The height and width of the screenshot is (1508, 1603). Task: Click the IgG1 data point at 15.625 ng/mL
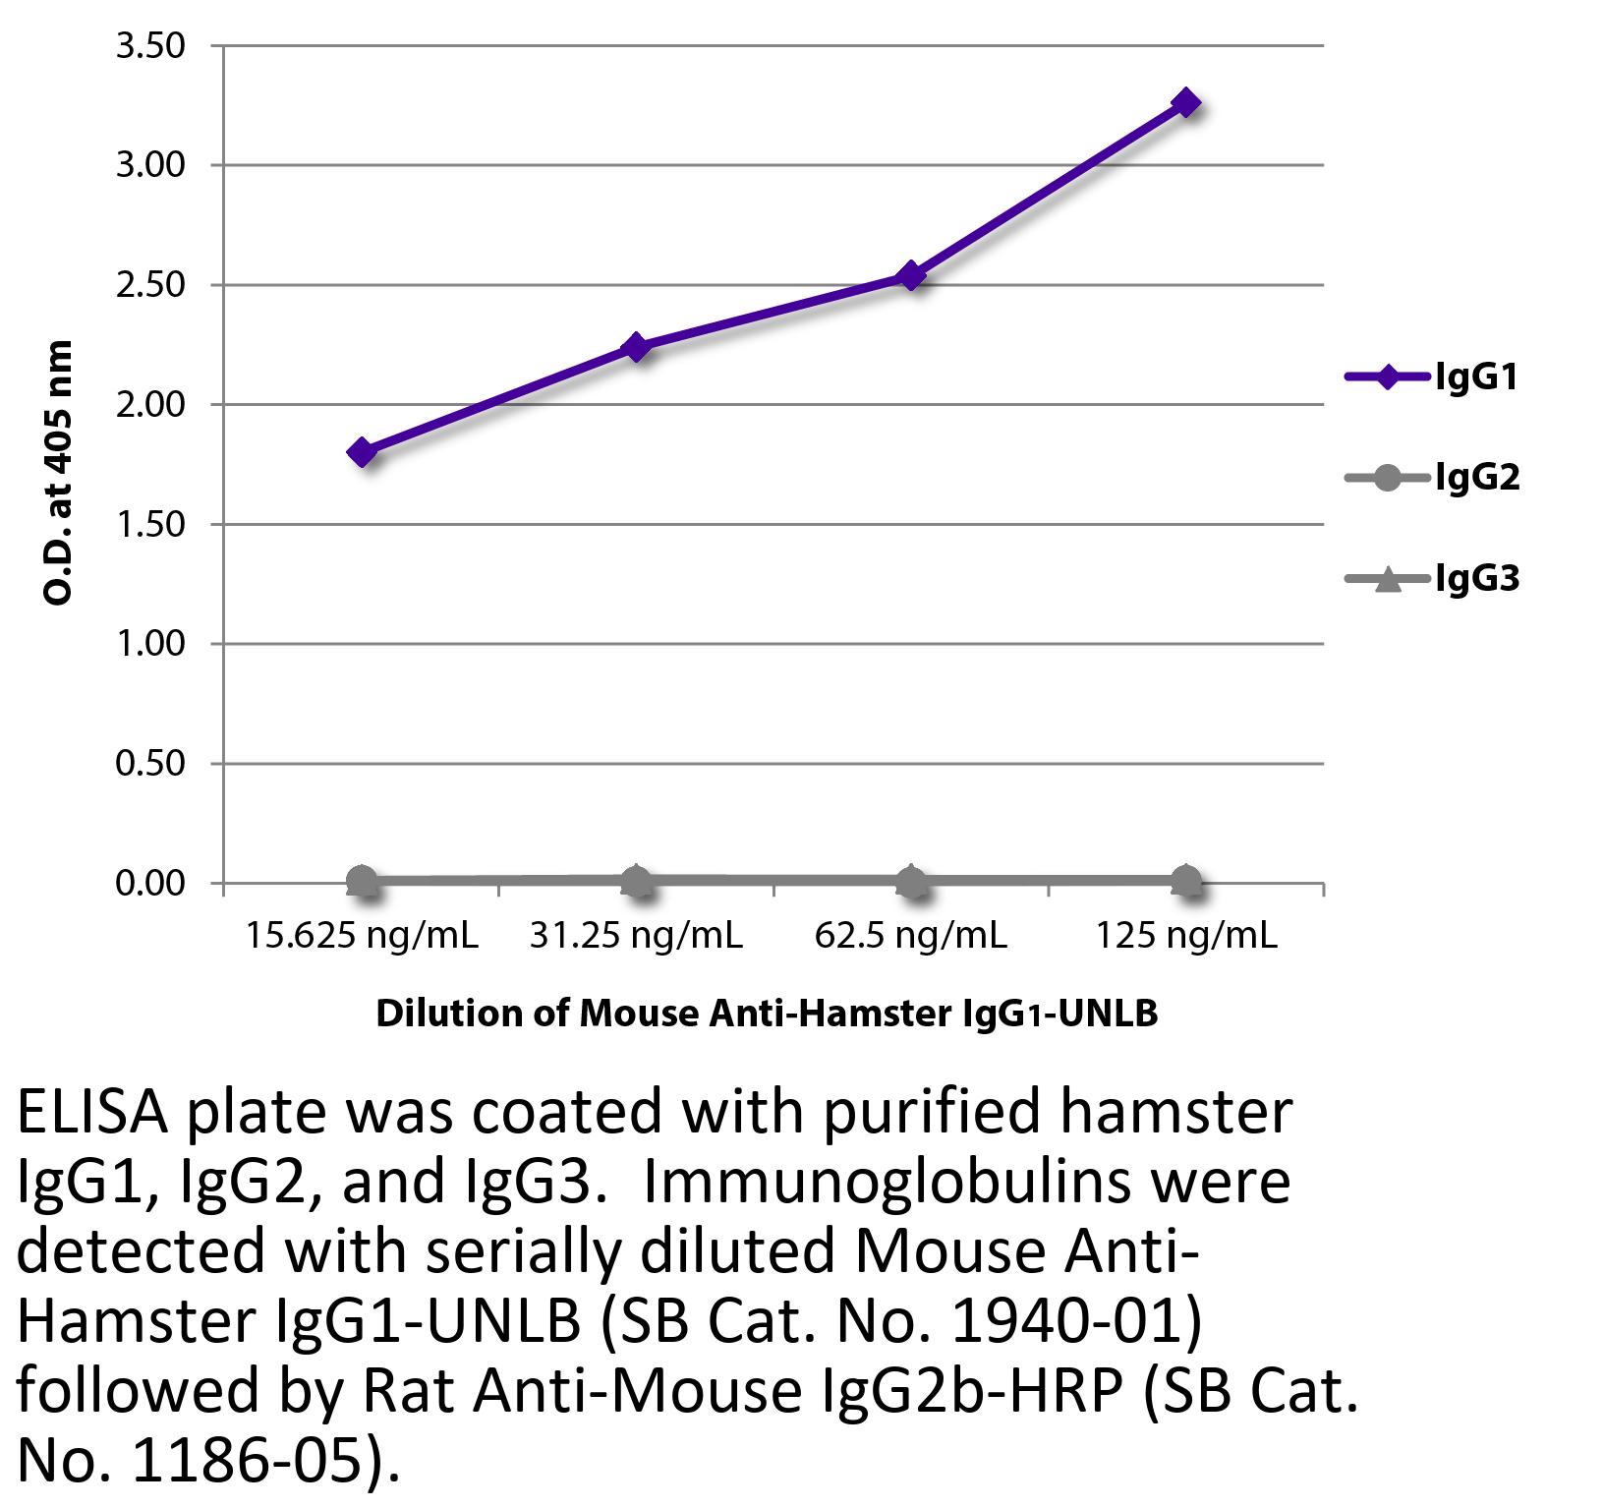(x=362, y=452)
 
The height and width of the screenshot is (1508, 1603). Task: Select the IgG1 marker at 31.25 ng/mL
(x=637, y=347)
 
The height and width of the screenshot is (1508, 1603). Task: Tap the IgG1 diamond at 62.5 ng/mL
(x=912, y=275)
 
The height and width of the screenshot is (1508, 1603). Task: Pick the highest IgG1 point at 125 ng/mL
(x=1186, y=103)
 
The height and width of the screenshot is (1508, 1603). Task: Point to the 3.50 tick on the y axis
(x=150, y=46)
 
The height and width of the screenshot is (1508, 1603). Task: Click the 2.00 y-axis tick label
(x=150, y=404)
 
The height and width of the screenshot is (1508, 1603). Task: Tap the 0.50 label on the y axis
(x=150, y=763)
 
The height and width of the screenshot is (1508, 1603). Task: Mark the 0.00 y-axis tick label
(x=150, y=883)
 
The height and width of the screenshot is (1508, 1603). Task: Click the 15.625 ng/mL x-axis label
(x=362, y=935)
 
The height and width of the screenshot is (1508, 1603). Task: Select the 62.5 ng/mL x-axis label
(x=911, y=935)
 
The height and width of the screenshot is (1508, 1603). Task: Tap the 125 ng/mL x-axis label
(x=1186, y=935)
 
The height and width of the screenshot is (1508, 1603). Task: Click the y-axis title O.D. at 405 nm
(x=59, y=472)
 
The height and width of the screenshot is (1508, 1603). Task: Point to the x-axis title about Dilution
(x=767, y=1014)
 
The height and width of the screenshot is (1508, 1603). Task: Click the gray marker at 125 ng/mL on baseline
(x=1186, y=882)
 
